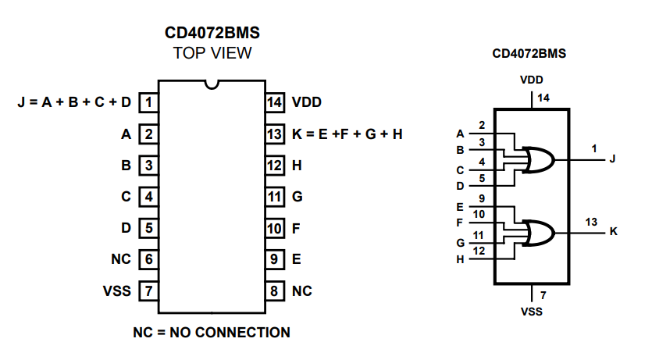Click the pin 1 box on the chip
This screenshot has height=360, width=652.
tap(148, 102)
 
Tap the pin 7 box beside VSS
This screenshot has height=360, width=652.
tap(148, 291)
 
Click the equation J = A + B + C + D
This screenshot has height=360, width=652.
tap(74, 102)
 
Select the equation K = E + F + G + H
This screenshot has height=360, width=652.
tap(347, 134)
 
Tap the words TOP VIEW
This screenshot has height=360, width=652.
tap(212, 53)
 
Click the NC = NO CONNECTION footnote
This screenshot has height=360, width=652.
tap(212, 333)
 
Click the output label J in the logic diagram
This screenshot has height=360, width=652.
tap(613, 159)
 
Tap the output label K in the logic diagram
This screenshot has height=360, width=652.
tap(613, 232)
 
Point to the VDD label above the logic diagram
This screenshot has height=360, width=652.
tap(531, 79)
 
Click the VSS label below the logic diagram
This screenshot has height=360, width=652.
tap(531, 312)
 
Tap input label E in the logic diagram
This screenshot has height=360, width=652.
tap(460, 208)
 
